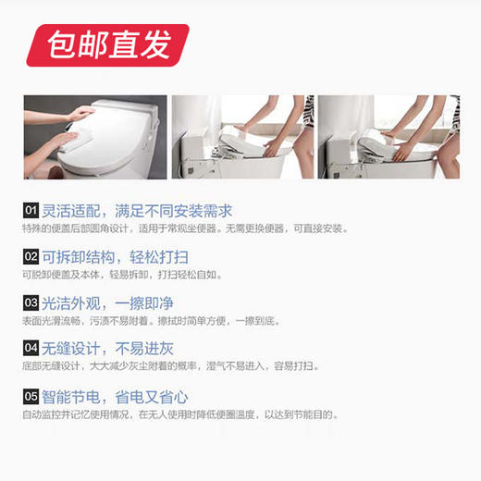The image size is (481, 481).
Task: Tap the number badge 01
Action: pos(31,211)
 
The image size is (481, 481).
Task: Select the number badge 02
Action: pos(31,257)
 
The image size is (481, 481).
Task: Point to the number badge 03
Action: pos(31,302)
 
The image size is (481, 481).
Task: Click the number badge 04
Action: pos(31,349)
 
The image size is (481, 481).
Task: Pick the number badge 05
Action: pos(31,396)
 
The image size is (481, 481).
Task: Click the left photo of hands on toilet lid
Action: pos(95,137)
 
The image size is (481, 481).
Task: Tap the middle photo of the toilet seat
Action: pos(241,137)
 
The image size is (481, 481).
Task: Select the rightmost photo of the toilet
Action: pos(388,137)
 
